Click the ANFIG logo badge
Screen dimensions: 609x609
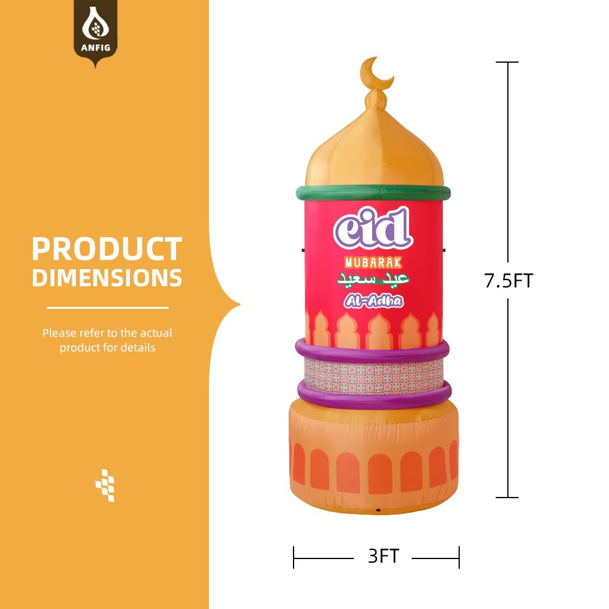pos(96,30)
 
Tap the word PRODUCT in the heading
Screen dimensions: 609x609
pos(107,250)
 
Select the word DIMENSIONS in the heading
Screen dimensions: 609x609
pos(107,278)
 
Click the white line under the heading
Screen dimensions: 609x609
pos(107,308)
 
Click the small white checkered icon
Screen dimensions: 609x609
pos(105,485)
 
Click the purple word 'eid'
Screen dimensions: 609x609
pos(373,229)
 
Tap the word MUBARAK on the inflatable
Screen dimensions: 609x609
pos(373,263)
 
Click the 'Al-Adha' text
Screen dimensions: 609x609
pos(373,301)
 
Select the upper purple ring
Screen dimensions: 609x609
pos(372,351)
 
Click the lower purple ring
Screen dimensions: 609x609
pos(374,395)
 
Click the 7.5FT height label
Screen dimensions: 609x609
pos(509,281)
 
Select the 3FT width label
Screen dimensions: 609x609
pos(383,557)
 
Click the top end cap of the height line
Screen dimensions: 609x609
pos(508,62)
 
